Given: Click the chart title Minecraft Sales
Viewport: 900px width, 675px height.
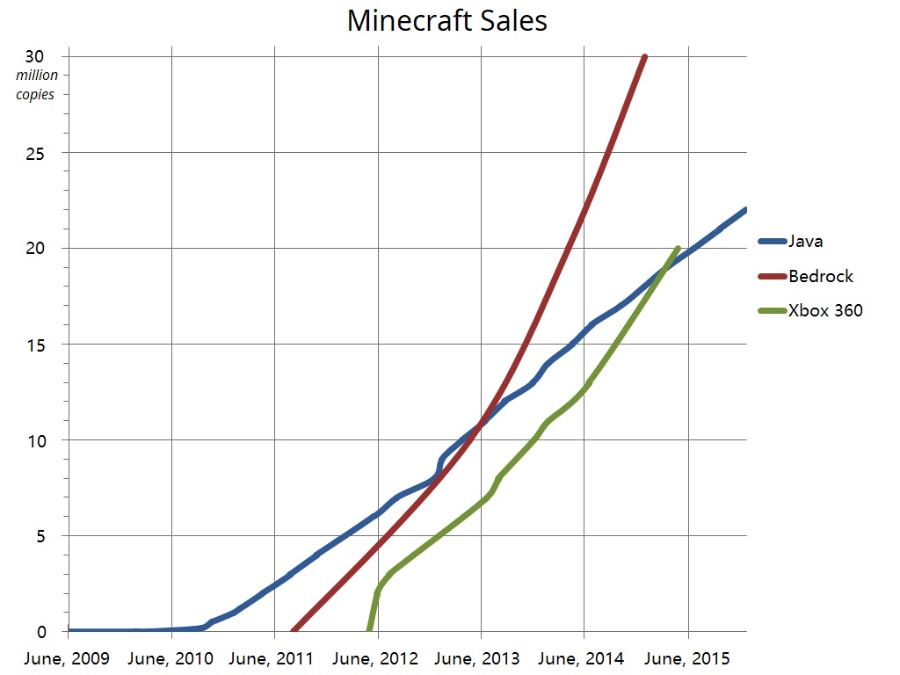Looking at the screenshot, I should (x=447, y=20).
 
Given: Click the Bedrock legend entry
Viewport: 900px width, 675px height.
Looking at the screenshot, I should (x=820, y=276).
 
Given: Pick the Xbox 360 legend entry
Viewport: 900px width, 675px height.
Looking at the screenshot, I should (x=824, y=310).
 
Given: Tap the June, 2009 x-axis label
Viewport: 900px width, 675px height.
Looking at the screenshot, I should (x=68, y=658).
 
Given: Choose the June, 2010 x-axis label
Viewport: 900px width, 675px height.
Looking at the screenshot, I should (x=171, y=658).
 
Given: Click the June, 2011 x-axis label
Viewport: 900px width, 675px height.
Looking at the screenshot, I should (x=274, y=658).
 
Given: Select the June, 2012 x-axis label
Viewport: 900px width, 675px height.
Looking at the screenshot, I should (x=378, y=658).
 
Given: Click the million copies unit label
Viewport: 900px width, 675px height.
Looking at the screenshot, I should (x=37, y=84).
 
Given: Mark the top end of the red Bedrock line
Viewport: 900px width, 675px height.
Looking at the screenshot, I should (x=645, y=57).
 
